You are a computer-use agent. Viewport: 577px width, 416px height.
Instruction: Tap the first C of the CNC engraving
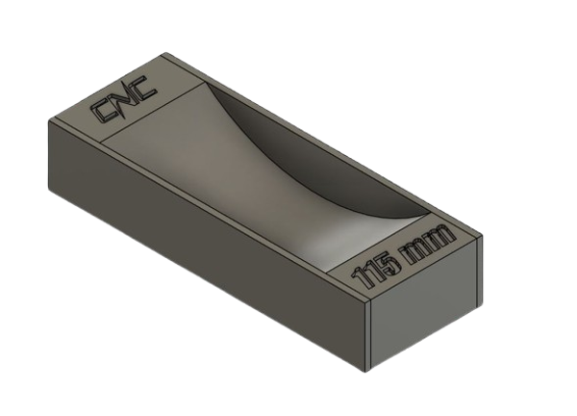pyautogui.click(x=103, y=114)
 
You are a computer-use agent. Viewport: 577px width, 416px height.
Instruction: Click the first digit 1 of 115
pyautogui.click(x=361, y=282)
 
